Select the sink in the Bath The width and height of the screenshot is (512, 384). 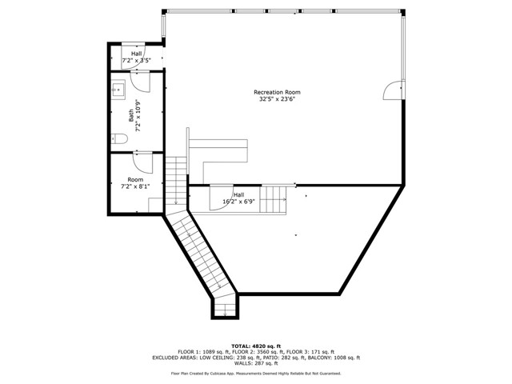point(118,89)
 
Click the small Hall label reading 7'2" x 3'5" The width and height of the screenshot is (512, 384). point(136,57)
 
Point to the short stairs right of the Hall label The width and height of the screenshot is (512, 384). point(274,199)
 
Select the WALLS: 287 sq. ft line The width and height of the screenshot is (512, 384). point(256,364)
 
